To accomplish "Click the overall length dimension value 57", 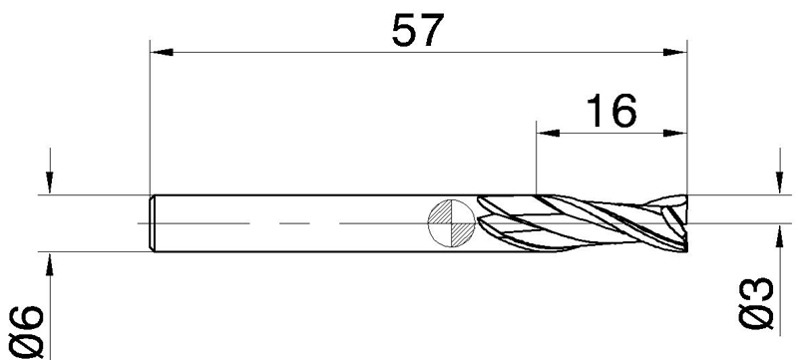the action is click(x=418, y=30).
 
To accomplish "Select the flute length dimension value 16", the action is click(x=611, y=111).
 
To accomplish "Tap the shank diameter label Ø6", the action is click(x=27, y=332).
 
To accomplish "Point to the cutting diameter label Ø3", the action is click(x=756, y=303).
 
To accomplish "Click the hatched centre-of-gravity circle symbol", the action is click(x=452, y=223).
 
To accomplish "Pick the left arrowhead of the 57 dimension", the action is click(x=162, y=53).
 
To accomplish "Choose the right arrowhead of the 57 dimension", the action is click(x=675, y=53).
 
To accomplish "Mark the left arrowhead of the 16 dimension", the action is click(x=548, y=134).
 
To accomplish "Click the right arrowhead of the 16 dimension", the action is click(x=675, y=134).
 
